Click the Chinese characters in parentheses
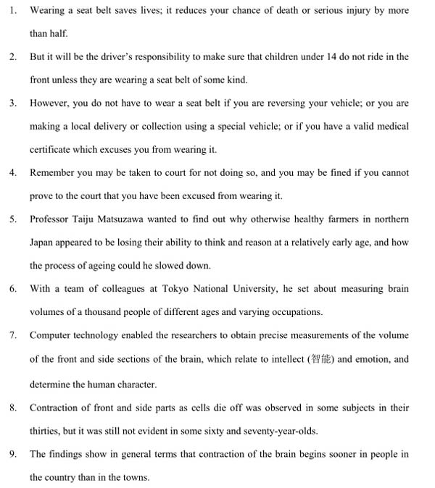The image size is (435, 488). pyautogui.click(x=321, y=359)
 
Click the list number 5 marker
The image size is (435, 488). pyautogui.click(x=13, y=219)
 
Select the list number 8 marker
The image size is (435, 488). pyautogui.click(x=13, y=407)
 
